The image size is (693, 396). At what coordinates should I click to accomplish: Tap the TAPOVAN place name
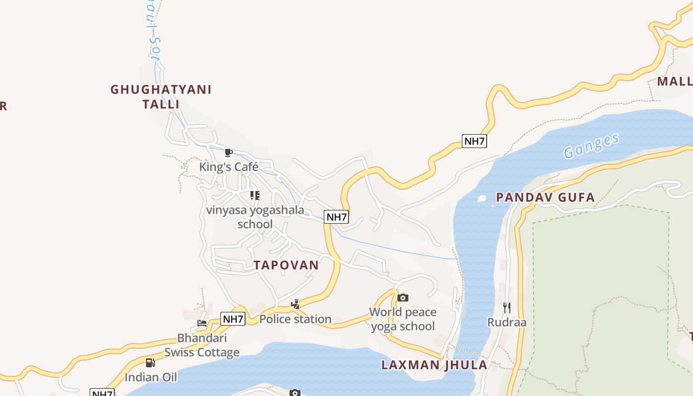pos(286,265)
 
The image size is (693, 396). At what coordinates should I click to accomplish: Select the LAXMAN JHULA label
pos(434,365)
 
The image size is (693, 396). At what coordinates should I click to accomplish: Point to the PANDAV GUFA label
pos(545,198)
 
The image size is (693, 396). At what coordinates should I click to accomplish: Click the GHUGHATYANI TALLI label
pos(161,97)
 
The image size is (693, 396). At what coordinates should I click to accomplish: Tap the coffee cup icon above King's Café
pos(229,152)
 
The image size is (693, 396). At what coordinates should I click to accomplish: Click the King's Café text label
pos(229,167)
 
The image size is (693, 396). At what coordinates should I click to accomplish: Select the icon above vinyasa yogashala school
pos(255,196)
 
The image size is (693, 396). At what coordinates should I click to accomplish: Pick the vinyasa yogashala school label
pos(255,217)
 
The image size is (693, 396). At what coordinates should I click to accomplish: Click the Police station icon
pos(296,304)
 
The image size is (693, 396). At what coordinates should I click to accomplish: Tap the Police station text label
pos(296,319)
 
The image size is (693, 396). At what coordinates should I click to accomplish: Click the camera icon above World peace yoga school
pos(403,297)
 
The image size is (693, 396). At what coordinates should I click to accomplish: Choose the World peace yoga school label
pos(403,319)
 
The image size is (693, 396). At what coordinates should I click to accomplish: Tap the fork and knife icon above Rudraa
pos(506,308)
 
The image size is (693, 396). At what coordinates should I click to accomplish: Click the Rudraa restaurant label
pos(507,322)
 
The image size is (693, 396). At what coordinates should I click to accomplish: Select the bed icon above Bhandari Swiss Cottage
pos(202,324)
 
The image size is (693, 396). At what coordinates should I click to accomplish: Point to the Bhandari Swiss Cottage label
pos(202,345)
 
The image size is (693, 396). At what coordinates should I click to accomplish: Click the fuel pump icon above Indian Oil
pos(150,363)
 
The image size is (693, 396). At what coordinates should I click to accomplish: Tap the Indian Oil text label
pos(150,377)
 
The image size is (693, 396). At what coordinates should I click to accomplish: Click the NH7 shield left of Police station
pos(233,319)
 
